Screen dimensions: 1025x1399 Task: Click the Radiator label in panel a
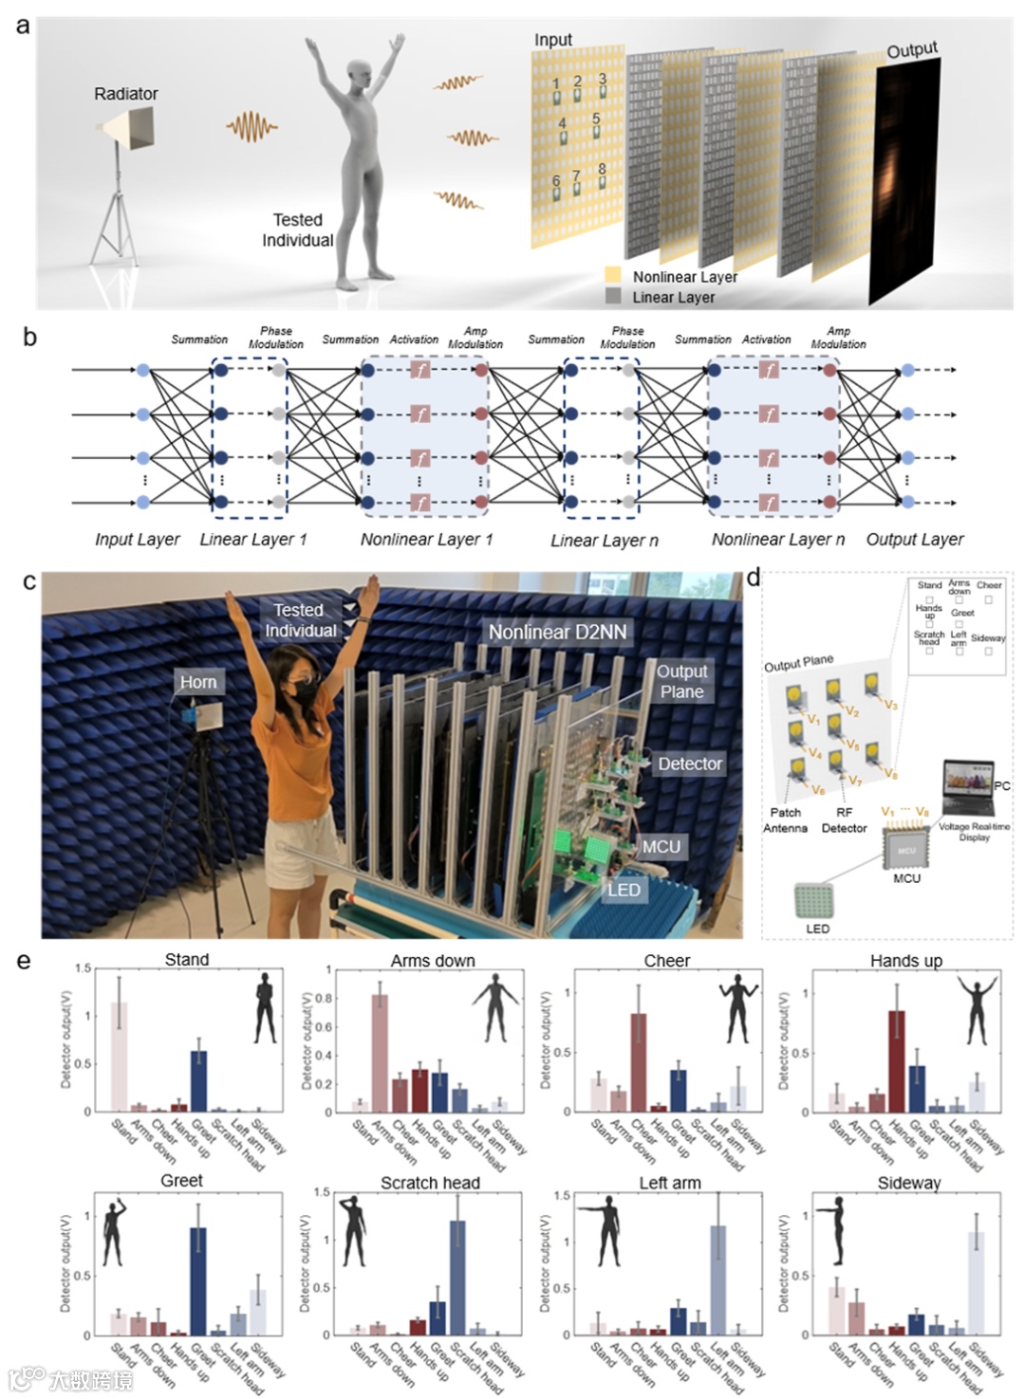(x=125, y=94)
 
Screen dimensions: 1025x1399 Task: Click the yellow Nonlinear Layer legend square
(x=614, y=276)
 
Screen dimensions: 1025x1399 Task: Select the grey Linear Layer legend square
(x=614, y=296)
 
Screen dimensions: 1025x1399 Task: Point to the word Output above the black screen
(x=912, y=49)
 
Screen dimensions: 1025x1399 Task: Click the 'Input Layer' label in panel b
(x=137, y=540)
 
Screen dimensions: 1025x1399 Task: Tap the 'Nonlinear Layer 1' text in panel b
(x=426, y=540)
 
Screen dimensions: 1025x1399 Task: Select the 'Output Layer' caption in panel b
(x=914, y=540)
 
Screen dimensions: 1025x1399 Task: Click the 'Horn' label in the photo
(x=198, y=682)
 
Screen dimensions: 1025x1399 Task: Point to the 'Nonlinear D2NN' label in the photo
(x=557, y=632)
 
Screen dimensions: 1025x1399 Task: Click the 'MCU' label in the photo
(x=661, y=846)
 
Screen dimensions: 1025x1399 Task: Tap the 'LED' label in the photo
(x=624, y=890)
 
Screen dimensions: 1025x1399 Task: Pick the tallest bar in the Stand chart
(x=120, y=1056)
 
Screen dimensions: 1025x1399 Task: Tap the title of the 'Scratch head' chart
(x=430, y=1183)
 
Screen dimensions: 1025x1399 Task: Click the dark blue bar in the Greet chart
(x=198, y=1280)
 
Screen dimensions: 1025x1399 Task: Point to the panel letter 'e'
(x=24, y=961)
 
